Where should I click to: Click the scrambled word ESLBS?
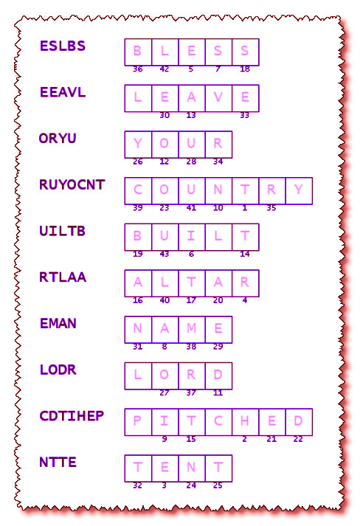click(63, 46)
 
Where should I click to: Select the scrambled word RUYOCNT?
click(72, 184)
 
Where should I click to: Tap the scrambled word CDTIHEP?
click(72, 416)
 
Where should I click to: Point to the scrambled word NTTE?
click(58, 463)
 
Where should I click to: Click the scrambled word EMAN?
click(58, 323)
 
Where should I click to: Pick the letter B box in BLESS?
click(138, 52)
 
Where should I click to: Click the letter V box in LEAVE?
click(218, 98)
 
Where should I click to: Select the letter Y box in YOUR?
click(138, 145)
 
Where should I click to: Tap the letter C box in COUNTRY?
click(138, 191)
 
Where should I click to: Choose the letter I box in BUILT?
click(192, 237)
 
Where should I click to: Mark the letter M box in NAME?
click(192, 330)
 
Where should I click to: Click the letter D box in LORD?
click(218, 376)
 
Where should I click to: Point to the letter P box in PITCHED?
click(138, 422)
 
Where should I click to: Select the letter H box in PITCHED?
click(245, 422)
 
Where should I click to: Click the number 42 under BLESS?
click(165, 69)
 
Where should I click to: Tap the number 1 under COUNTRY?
click(245, 208)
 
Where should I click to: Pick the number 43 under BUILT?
click(165, 255)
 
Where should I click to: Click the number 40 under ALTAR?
click(165, 300)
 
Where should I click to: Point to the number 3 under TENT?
click(164, 485)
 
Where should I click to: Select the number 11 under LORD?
click(218, 392)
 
